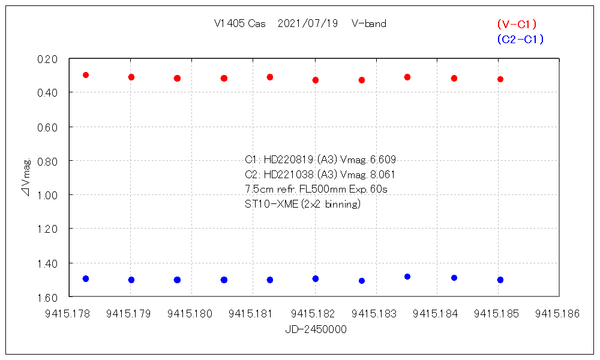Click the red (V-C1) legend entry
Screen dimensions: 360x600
pos(517,24)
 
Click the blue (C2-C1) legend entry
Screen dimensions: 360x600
pos(520,40)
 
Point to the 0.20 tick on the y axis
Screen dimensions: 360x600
pos(47,59)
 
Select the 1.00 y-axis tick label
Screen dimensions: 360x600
pos(47,195)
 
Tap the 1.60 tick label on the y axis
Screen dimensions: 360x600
pos(47,297)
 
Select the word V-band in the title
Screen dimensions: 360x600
pos(369,24)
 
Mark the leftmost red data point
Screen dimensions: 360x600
pos(86,75)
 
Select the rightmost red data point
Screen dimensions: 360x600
pos(500,79)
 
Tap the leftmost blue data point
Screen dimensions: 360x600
pos(86,279)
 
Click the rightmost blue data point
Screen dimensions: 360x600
pos(500,280)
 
